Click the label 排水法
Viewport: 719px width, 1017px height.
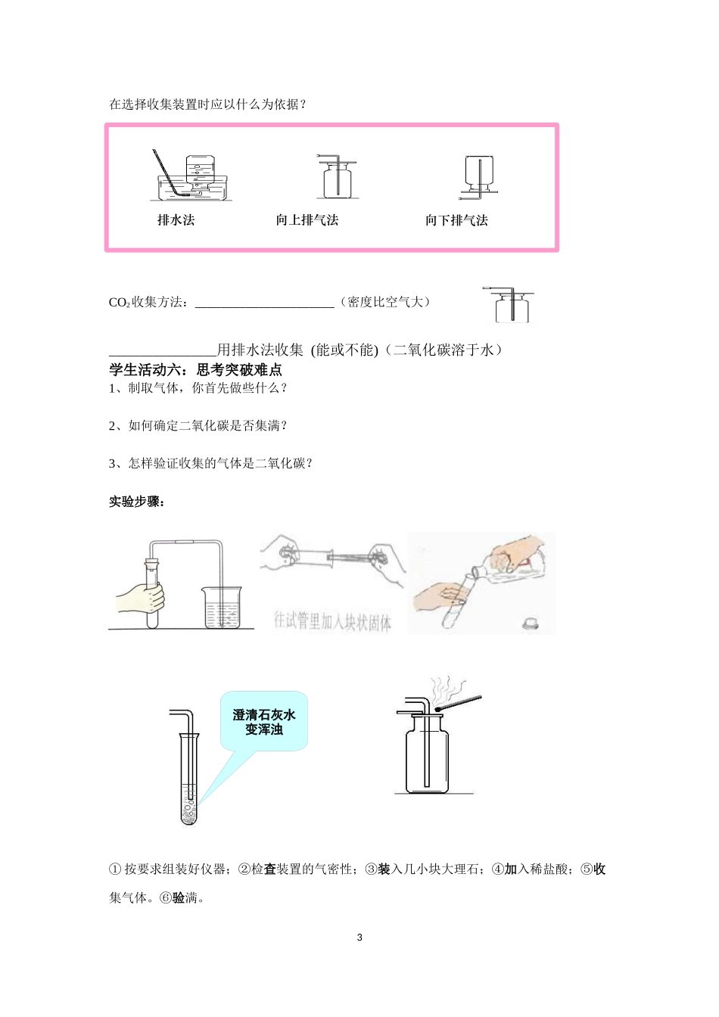pyautogui.click(x=176, y=220)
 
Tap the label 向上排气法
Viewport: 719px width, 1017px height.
pyautogui.click(x=307, y=220)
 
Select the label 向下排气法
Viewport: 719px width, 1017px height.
pyautogui.click(x=456, y=220)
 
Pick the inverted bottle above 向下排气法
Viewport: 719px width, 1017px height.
pyautogui.click(x=479, y=176)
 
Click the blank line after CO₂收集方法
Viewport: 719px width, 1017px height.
pyautogui.click(x=264, y=303)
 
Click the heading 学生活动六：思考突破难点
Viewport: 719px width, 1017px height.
pyautogui.click(x=195, y=370)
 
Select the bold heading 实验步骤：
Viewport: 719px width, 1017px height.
pyautogui.click(x=137, y=502)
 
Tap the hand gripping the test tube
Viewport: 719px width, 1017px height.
pyautogui.click(x=142, y=598)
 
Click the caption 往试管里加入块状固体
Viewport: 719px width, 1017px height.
pyautogui.click(x=332, y=622)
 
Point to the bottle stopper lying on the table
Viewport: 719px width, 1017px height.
pyautogui.click(x=531, y=624)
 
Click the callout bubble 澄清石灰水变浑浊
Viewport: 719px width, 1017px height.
pyautogui.click(x=263, y=721)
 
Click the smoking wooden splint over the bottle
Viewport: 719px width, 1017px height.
pyautogui.click(x=459, y=702)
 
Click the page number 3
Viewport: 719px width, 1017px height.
pyautogui.click(x=359, y=938)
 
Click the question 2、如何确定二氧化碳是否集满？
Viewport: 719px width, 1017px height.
pyautogui.click(x=198, y=426)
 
